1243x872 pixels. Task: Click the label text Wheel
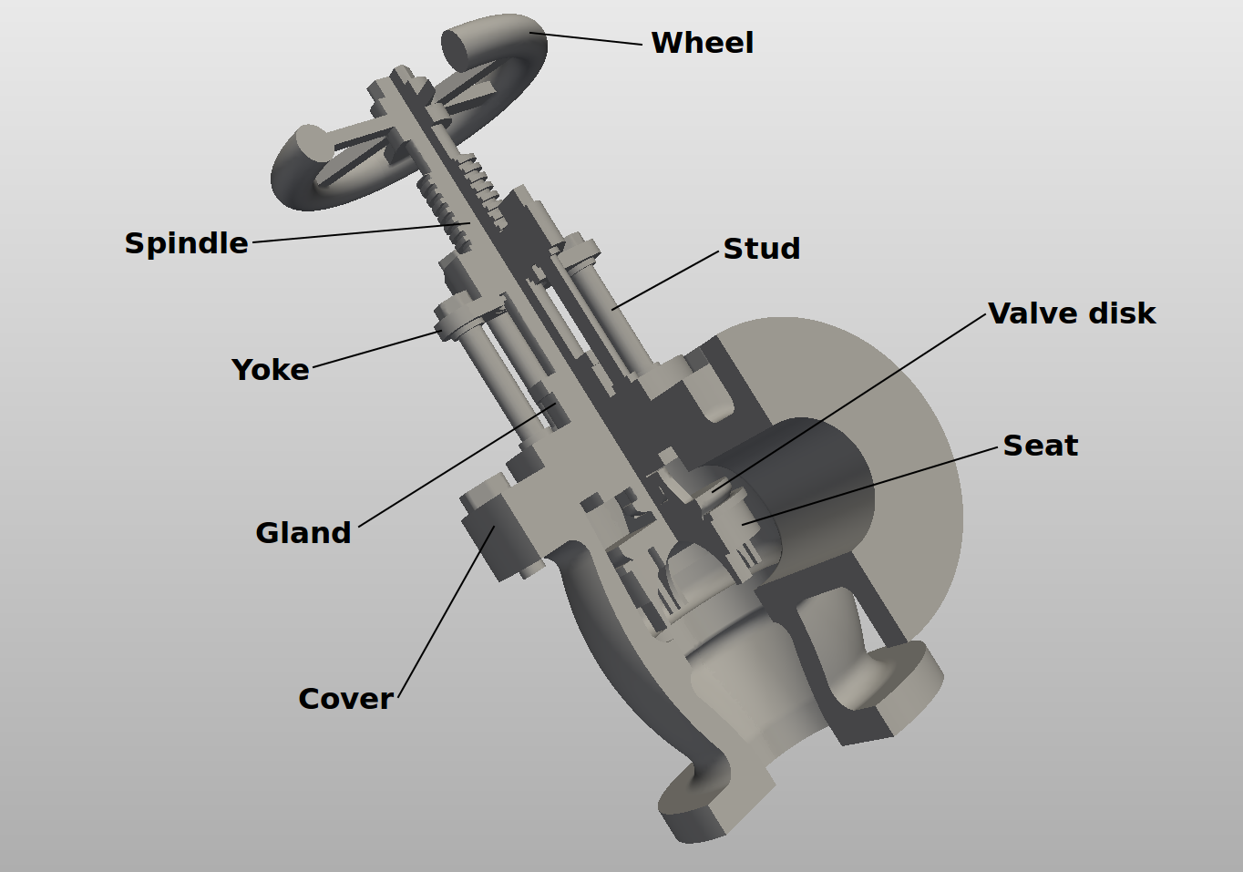pos(703,43)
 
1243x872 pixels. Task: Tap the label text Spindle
pos(186,243)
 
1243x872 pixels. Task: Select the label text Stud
pos(762,249)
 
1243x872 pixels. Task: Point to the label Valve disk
pos(1072,313)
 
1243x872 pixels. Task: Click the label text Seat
pos(1040,446)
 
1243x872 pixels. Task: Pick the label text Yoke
pos(271,370)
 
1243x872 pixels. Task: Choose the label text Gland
pos(303,533)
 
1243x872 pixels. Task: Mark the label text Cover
pos(345,699)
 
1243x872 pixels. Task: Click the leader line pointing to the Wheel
pos(588,38)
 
